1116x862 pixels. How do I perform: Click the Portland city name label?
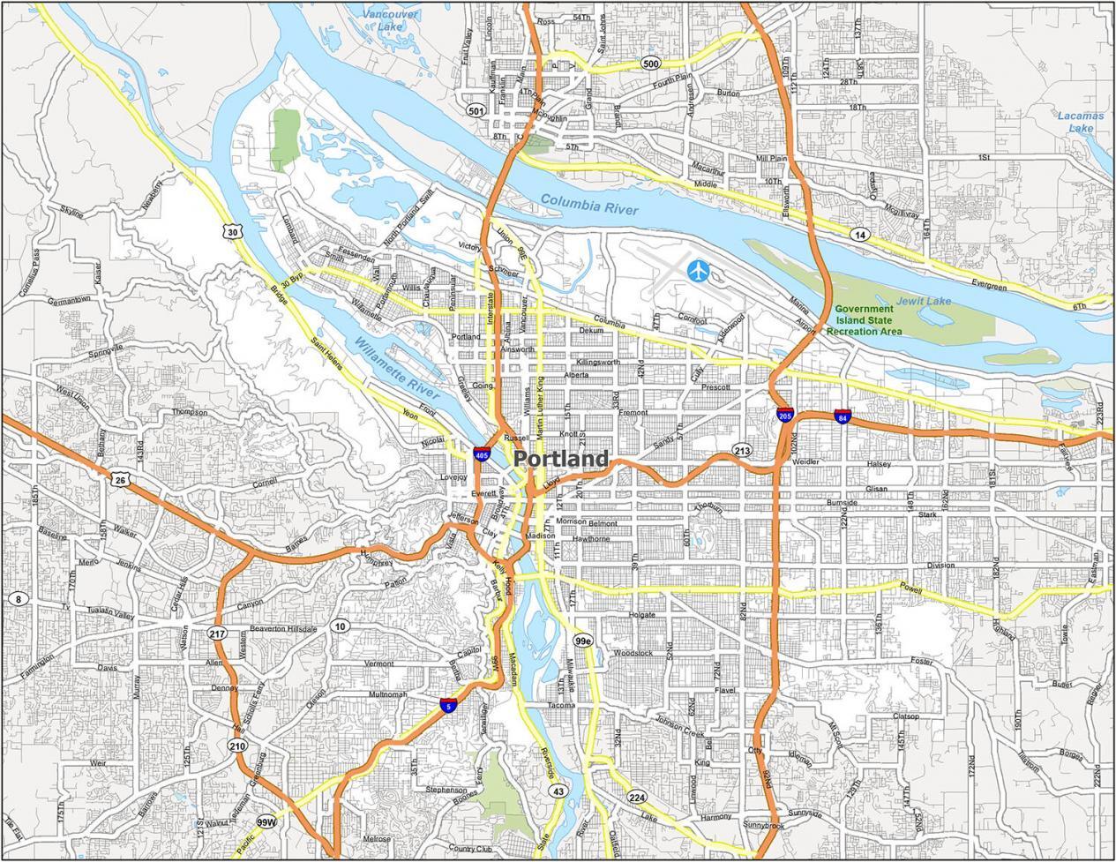click(560, 459)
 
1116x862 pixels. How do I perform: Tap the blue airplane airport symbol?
click(698, 271)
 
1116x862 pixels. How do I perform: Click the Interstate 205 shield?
click(784, 415)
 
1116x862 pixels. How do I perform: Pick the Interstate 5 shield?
click(449, 705)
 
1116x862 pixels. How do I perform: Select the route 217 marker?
click(217, 633)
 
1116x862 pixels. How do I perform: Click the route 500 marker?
click(651, 64)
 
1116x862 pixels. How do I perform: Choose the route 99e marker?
click(583, 640)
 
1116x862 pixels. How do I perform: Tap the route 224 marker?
click(637, 798)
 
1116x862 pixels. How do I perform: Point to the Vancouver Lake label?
click(394, 19)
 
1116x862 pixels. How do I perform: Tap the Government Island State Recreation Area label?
click(864, 320)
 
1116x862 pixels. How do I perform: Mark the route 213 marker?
click(741, 452)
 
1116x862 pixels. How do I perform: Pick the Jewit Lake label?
click(924, 302)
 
